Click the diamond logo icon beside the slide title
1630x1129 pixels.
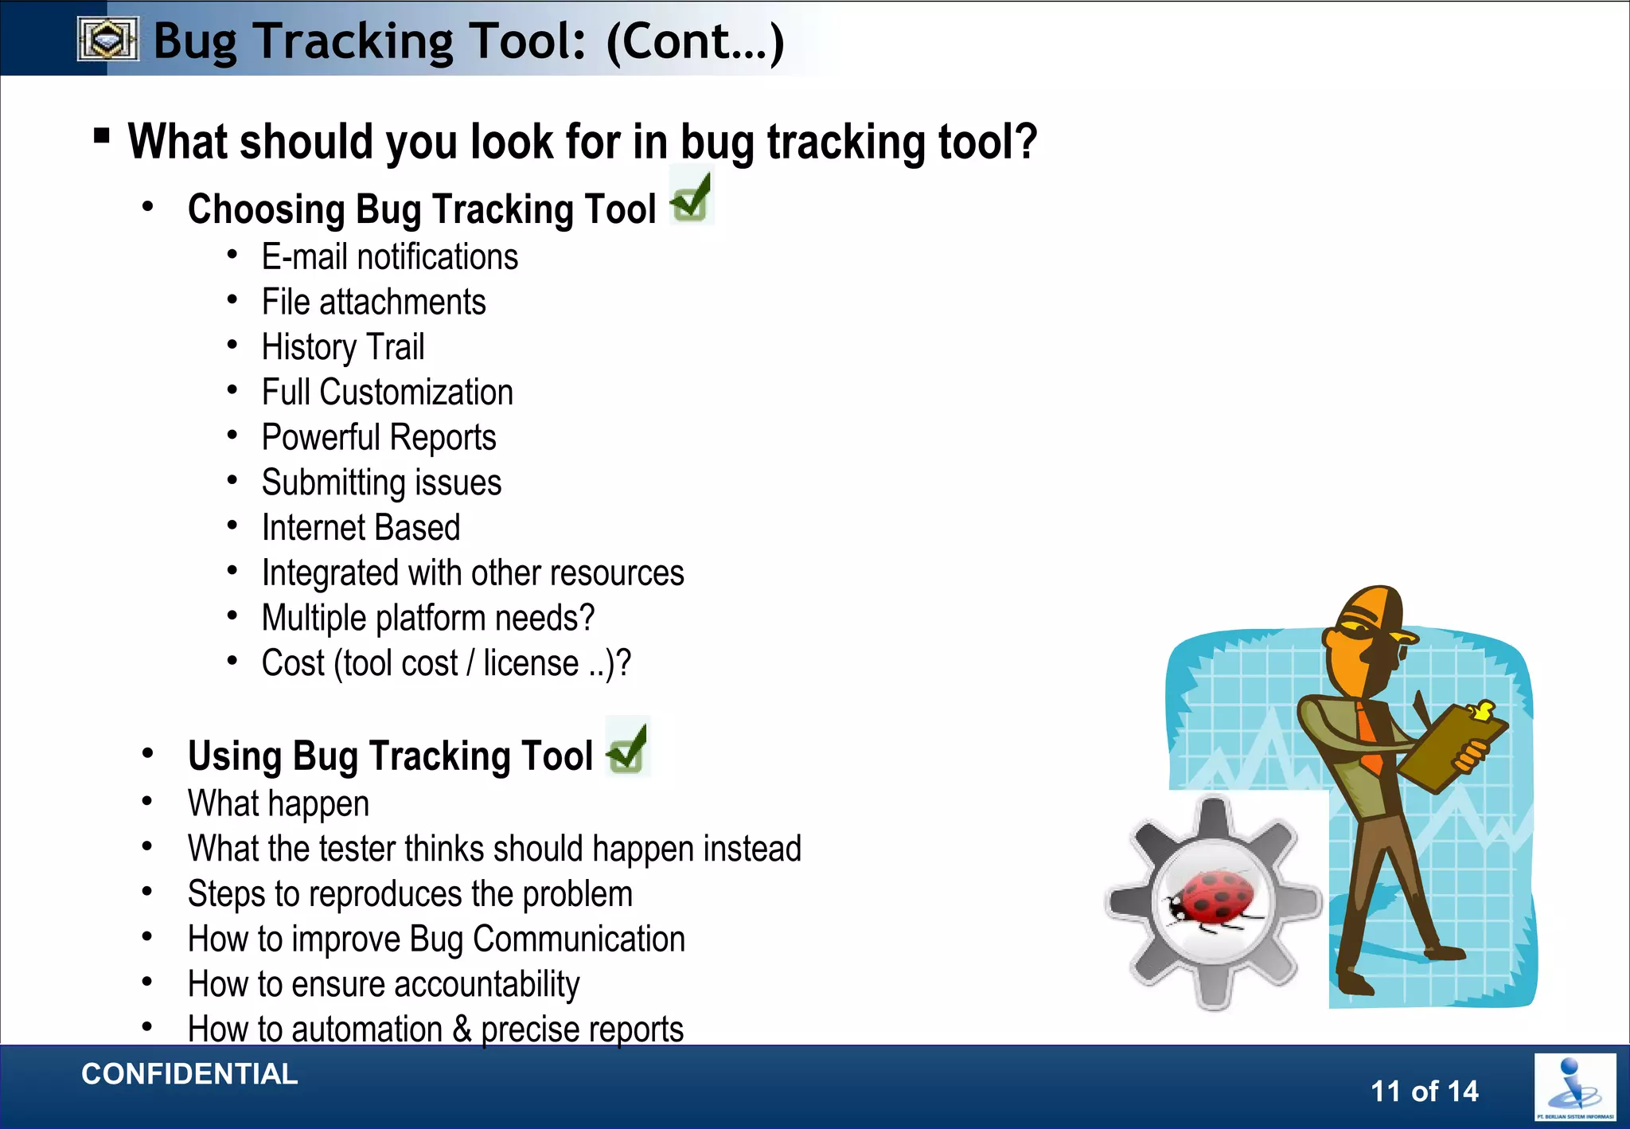pyautogui.click(x=108, y=39)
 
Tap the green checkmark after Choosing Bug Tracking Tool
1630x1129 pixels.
pyautogui.click(x=691, y=197)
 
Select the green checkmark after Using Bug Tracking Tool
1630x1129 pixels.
pyautogui.click(x=627, y=747)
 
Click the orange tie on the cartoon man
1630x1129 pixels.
pyautogui.click(x=1369, y=736)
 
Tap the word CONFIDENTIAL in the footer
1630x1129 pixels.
pyautogui.click(x=189, y=1074)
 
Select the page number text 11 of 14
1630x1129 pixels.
pyautogui.click(x=1424, y=1091)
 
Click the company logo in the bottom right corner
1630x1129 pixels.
pyautogui.click(x=1574, y=1087)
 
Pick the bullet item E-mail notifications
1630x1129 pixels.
pyautogui.click(x=389, y=257)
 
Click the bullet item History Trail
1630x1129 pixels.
pyautogui.click(x=343, y=347)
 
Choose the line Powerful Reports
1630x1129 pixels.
pyautogui.click(x=379, y=437)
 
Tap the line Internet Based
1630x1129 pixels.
pyautogui.click(x=361, y=528)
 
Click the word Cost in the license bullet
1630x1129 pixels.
pyautogui.click(x=293, y=663)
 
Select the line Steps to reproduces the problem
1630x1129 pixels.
pyautogui.click(x=410, y=894)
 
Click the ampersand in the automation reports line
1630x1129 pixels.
pyautogui.click(x=462, y=1029)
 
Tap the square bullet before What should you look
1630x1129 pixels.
pyautogui.click(x=101, y=135)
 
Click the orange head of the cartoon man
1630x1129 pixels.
pyautogui.click(x=1367, y=629)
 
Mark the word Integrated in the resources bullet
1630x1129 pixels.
pyautogui.click(x=330, y=573)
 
